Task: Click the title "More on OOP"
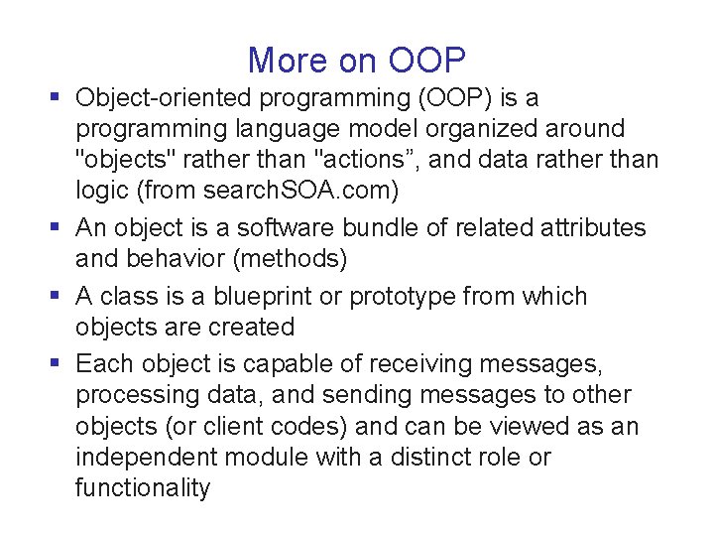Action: (x=357, y=61)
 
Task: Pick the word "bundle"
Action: (x=385, y=227)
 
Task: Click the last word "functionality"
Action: (x=143, y=488)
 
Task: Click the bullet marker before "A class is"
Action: (x=56, y=296)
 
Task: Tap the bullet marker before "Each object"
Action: (x=56, y=364)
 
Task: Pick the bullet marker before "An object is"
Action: (x=56, y=226)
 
